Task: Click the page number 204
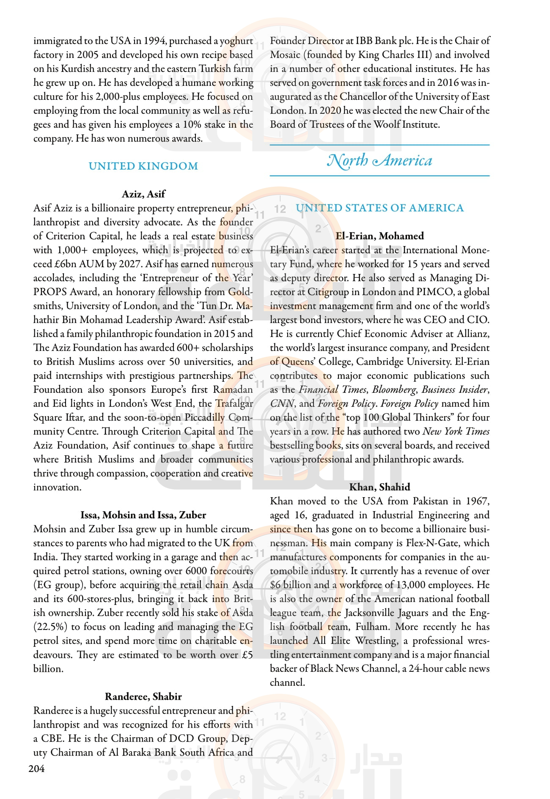[36, 769]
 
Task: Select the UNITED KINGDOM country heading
[143, 166]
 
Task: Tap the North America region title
[379, 161]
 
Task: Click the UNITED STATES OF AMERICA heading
[379, 208]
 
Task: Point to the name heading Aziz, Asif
[143, 194]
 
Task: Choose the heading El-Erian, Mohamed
[379, 236]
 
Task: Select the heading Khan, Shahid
[379, 487]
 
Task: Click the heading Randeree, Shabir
[143, 696]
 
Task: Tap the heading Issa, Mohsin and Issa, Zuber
[143, 515]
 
